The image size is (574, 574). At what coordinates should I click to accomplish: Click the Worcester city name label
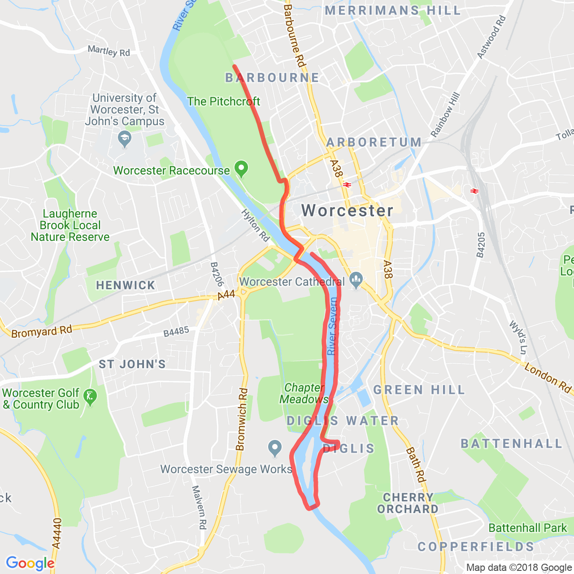pyautogui.click(x=348, y=210)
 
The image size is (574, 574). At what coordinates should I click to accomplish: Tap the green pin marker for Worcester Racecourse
pyautogui.click(x=242, y=169)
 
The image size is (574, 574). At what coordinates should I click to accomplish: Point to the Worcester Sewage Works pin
pyautogui.click(x=274, y=447)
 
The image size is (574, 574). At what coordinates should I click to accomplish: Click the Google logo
pyautogui.click(x=30, y=563)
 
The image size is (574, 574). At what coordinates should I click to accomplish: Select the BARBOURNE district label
pyautogui.click(x=272, y=78)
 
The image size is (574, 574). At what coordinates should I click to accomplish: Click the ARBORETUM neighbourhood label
pyautogui.click(x=374, y=143)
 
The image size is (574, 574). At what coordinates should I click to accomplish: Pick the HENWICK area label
pyautogui.click(x=126, y=285)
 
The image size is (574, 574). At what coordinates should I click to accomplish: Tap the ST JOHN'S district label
pyautogui.click(x=132, y=364)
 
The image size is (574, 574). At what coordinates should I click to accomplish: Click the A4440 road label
pyautogui.click(x=57, y=533)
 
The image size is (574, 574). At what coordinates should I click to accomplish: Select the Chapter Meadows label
pyautogui.click(x=304, y=393)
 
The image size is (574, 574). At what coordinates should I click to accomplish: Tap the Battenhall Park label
pyautogui.click(x=527, y=528)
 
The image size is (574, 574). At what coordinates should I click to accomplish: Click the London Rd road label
pyautogui.click(x=548, y=378)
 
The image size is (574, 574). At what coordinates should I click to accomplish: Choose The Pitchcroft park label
pyautogui.click(x=223, y=102)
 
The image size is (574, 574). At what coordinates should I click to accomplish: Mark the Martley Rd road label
pyautogui.click(x=109, y=51)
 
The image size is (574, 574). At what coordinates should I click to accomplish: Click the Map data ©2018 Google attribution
pyautogui.click(x=519, y=567)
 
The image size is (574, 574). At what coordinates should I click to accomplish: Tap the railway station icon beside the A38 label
pyautogui.click(x=347, y=184)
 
